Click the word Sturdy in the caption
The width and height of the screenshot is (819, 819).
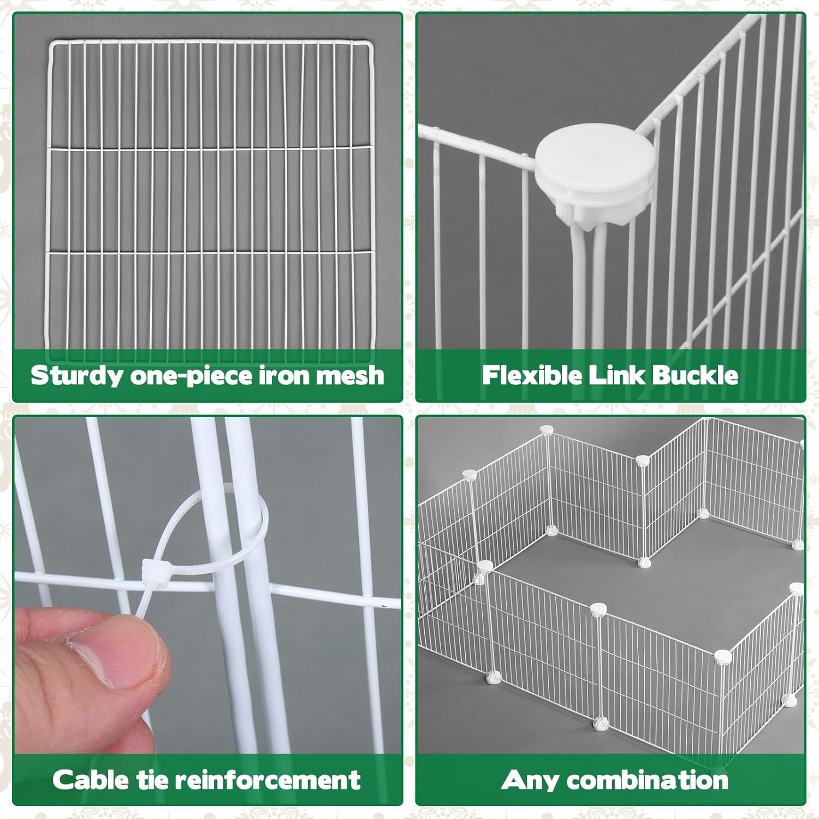tap(77, 376)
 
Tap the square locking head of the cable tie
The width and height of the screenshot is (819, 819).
tap(153, 572)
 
